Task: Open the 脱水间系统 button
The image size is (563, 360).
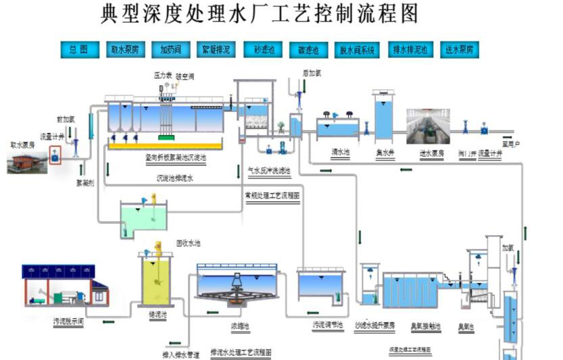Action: tap(357, 49)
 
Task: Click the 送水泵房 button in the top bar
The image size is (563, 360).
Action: tap(459, 49)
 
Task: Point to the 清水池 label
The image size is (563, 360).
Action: tap(339, 153)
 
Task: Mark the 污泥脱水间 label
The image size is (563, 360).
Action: tap(68, 322)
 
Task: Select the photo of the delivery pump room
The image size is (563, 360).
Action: tap(428, 126)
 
